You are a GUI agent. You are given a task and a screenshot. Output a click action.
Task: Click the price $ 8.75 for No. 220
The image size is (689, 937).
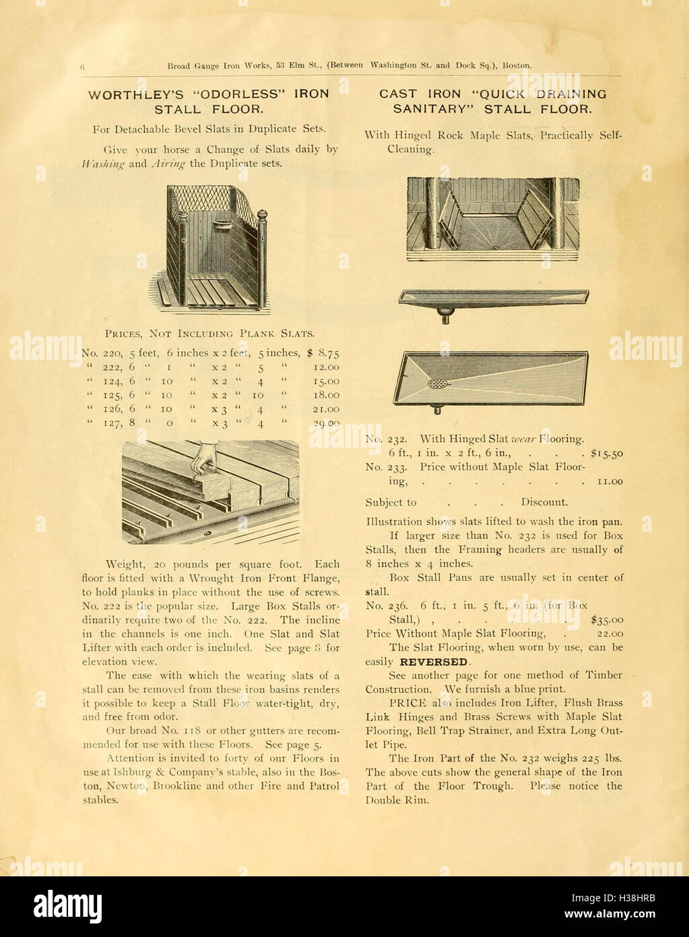(323, 353)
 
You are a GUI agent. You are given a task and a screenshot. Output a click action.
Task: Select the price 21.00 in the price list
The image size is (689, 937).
(326, 409)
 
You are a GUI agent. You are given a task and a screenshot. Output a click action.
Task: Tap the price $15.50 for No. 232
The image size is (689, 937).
(606, 454)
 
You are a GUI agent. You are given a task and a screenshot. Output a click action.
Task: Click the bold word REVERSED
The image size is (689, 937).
(433, 662)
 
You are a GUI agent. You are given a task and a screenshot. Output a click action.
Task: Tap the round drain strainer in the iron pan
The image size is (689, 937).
(436, 384)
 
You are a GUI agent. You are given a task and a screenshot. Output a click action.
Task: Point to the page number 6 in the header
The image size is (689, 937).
(81, 66)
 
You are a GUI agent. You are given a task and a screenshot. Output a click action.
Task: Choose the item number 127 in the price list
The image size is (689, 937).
(112, 423)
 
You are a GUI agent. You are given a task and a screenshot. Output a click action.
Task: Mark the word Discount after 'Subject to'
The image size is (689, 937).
(544, 502)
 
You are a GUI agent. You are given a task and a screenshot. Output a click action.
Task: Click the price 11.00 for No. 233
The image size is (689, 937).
(610, 481)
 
